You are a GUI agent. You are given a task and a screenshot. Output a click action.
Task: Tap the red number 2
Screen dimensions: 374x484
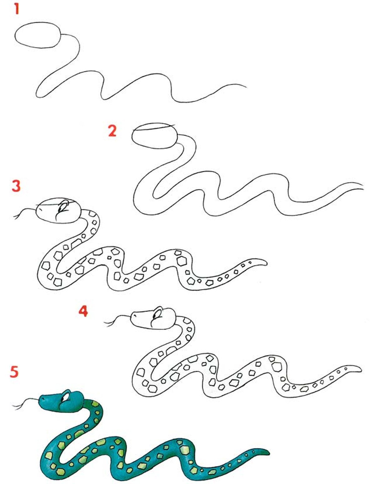tap(112, 131)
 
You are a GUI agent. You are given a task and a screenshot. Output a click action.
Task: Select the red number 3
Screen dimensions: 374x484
tap(16, 186)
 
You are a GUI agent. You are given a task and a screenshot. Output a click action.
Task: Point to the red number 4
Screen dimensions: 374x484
tap(83, 311)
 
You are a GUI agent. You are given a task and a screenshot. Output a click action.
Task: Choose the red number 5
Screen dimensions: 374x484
tap(14, 372)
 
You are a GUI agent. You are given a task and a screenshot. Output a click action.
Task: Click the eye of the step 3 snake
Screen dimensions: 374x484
tap(63, 206)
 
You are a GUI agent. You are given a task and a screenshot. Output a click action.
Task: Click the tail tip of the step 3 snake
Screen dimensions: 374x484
tap(266, 264)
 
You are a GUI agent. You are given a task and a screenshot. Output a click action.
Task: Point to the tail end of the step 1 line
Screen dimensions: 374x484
tap(246, 87)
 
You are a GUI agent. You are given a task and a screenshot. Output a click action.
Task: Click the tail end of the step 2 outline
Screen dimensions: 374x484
tap(363, 187)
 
